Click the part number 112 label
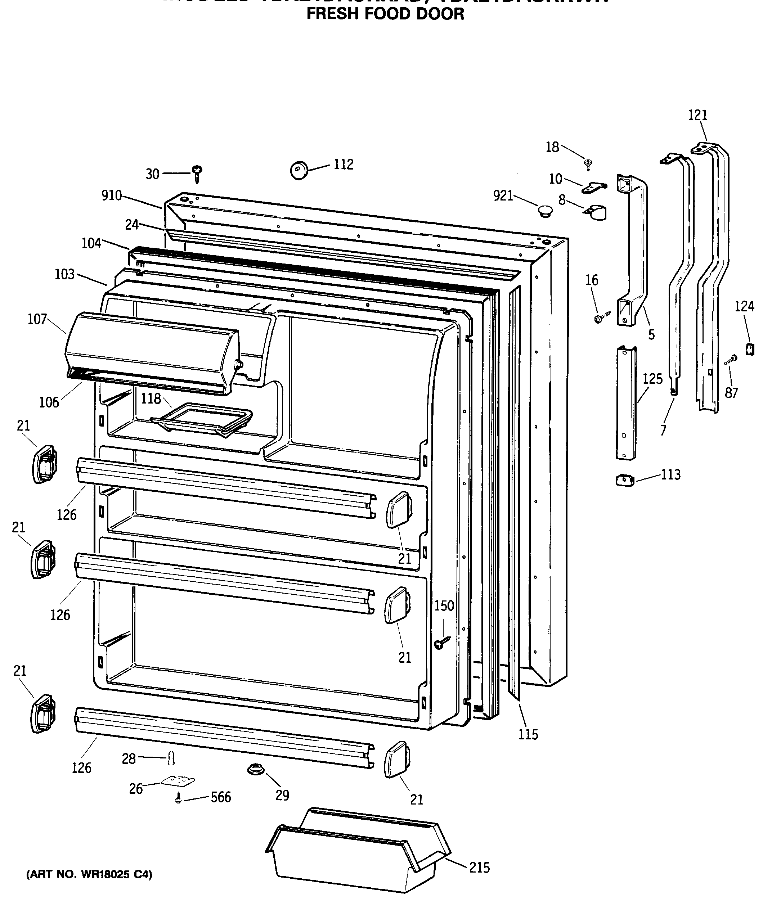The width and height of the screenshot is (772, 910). pos(344,165)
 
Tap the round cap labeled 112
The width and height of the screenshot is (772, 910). pos(299,170)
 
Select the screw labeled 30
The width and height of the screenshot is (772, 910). pos(197,174)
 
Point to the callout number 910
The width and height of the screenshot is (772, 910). pos(112,195)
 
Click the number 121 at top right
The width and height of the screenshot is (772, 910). pos(697,115)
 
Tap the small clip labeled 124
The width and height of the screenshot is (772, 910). pos(750,349)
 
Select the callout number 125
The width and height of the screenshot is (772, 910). pos(652,379)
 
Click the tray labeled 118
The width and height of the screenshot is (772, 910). pos(202,419)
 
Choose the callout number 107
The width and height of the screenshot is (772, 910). pos(37,319)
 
